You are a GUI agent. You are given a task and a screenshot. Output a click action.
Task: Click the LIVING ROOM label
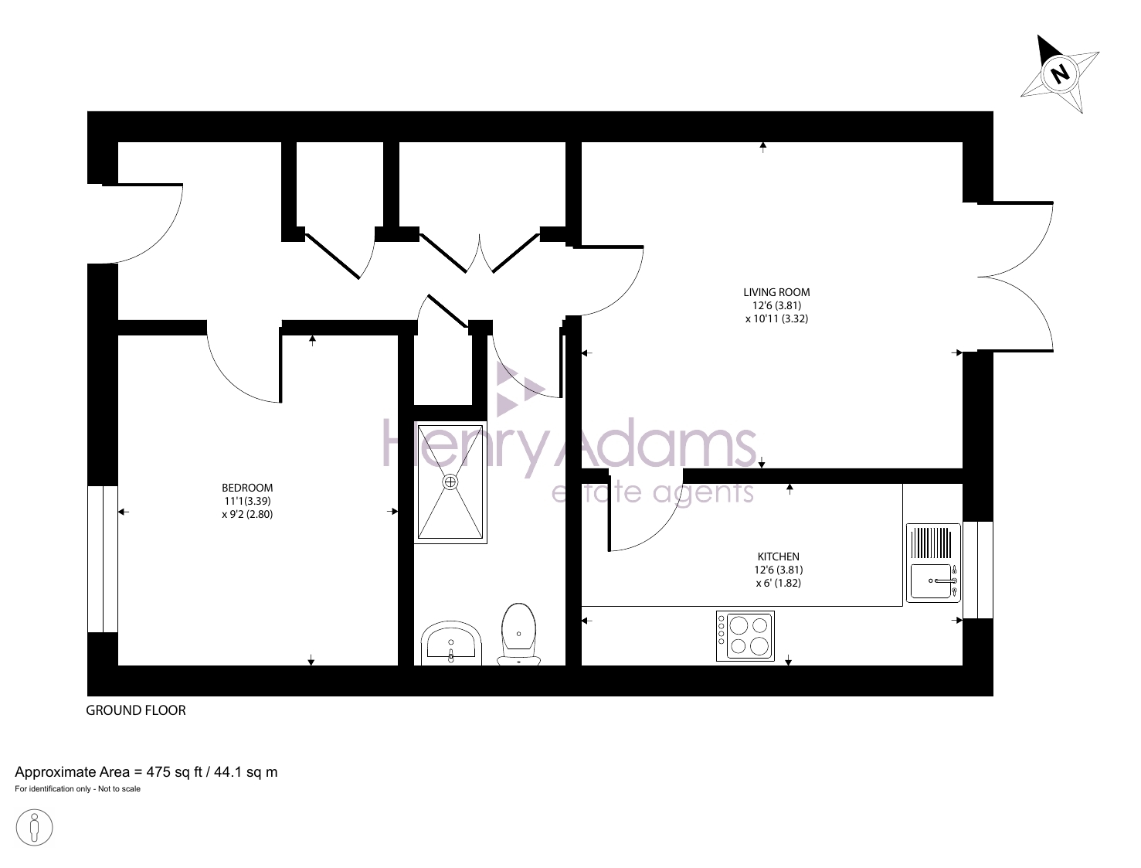tap(776, 292)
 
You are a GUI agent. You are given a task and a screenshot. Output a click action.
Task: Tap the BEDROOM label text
tap(247, 488)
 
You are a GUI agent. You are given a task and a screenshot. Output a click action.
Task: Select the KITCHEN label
tap(778, 557)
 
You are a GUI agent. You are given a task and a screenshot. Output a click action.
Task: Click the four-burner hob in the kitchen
tap(745, 635)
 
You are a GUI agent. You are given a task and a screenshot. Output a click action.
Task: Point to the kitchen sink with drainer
tap(933, 563)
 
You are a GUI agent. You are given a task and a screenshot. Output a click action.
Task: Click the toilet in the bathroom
tap(518, 634)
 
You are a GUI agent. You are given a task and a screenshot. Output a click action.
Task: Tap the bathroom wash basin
tap(450, 643)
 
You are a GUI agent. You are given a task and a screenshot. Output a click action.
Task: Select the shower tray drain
tap(450, 482)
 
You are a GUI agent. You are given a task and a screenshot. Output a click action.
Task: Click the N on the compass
tap(1060, 74)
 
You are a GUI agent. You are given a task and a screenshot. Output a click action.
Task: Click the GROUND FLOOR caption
tap(136, 710)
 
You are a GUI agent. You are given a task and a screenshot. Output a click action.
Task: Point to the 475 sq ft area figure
tap(174, 772)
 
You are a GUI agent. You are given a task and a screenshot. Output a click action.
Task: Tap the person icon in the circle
tap(34, 828)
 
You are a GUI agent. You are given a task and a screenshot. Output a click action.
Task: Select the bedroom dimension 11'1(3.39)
tap(247, 502)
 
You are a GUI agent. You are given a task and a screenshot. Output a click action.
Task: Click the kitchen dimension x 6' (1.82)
tap(778, 583)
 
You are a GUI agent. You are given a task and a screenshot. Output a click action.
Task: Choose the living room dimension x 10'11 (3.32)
tap(776, 318)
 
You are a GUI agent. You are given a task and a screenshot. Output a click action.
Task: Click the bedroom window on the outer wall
tap(103, 559)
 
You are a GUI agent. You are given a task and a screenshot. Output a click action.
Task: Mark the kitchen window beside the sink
tap(978, 570)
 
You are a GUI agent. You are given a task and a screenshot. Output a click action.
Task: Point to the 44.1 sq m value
tap(246, 772)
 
